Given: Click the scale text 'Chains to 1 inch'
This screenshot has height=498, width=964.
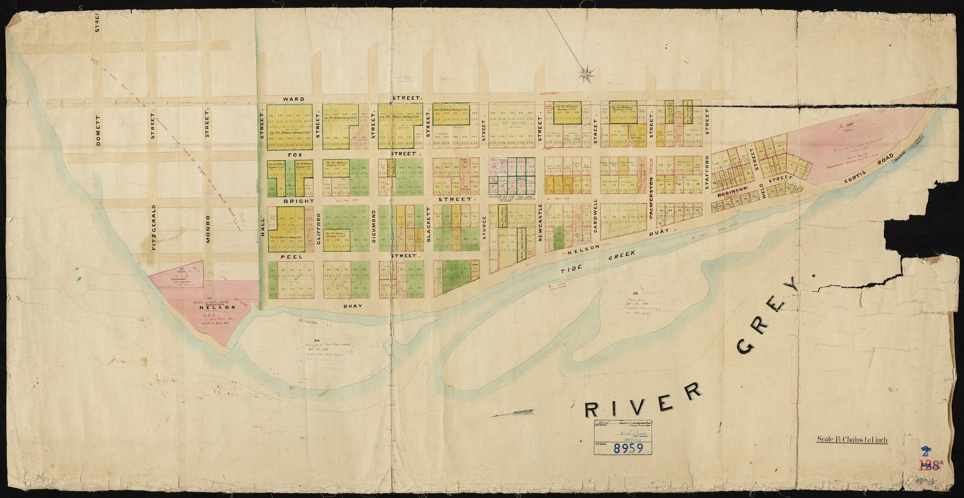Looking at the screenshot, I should (852, 440).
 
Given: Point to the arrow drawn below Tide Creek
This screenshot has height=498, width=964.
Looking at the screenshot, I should (513, 413).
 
